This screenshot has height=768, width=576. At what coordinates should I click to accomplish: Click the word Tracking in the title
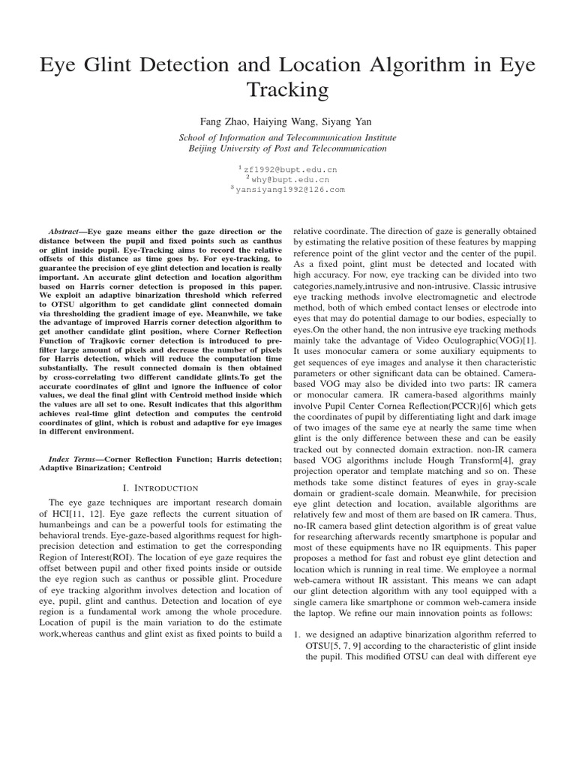pyautogui.click(x=288, y=90)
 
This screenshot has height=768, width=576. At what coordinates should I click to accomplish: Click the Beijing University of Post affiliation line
pyautogui.click(x=287, y=148)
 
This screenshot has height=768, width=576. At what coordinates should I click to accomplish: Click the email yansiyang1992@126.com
pyautogui.click(x=289, y=190)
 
